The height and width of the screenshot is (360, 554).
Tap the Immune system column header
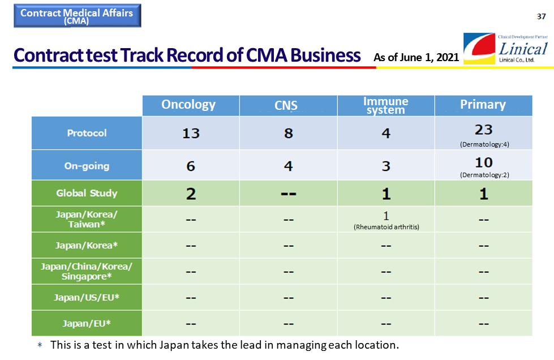[386, 105]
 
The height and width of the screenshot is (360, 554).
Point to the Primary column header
[483, 105]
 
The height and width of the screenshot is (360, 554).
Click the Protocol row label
[87, 133]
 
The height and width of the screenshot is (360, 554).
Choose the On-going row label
[87, 165]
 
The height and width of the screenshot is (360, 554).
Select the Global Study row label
[87, 193]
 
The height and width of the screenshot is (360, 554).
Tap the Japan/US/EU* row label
[87, 298]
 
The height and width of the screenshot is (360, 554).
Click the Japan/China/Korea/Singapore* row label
[87, 271]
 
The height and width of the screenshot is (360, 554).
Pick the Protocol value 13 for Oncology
[191, 134]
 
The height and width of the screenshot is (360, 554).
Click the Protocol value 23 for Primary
[483, 130]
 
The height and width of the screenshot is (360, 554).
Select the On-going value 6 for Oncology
[191, 166]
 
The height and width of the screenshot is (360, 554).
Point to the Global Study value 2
[191, 194]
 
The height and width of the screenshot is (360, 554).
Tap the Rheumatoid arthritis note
[386, 227]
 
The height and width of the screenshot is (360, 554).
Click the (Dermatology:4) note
[484, 144]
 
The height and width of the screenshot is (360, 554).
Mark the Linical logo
[505, 49]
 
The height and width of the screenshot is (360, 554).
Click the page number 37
[542, 16]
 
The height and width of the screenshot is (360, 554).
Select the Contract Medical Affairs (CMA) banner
[78, 15]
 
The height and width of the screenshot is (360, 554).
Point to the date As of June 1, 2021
[416, 57]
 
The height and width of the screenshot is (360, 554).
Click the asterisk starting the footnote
[40, 345]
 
